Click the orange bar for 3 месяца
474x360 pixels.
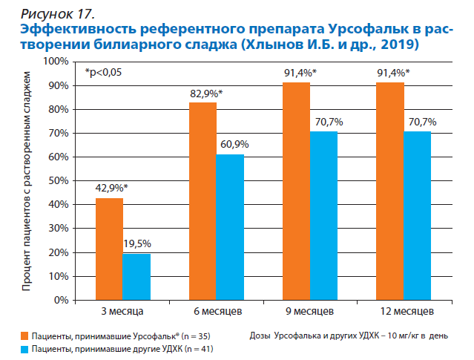(x=108, y=249)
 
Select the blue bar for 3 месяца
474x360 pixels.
(x=136, y=277)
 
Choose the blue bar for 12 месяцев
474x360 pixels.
(x=417, y=216)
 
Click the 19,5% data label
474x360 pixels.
(x=137, y=244)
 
